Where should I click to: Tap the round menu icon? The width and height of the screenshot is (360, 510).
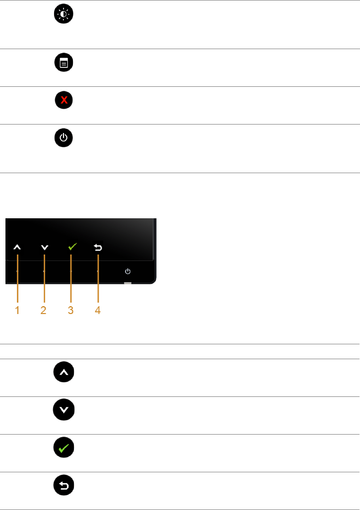click(x=63, y=63)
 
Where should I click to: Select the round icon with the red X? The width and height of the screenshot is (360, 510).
click(x=63, y=101)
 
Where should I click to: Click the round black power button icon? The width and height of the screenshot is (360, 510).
click(x=63, y=138)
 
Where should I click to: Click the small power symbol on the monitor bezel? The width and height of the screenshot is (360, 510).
click(x=128, y=271)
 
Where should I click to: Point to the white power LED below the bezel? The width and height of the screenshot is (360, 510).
click(x=128, y=284)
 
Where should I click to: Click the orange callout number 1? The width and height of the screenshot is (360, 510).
click(x=17, y=311)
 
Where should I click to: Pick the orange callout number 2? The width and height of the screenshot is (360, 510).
click(x=44, y=311)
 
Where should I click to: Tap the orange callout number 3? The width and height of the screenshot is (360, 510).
click(x=71, y=311)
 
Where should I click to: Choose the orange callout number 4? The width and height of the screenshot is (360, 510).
click(x=98, y=311)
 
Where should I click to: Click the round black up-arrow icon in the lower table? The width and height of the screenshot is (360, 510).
click(x=63, y=371)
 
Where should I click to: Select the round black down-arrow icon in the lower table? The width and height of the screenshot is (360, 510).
click(x=63, y=409)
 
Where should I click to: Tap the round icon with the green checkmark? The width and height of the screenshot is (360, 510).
click(x=63, y=447)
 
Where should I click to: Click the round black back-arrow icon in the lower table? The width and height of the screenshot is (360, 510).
click(x=63, y=485)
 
